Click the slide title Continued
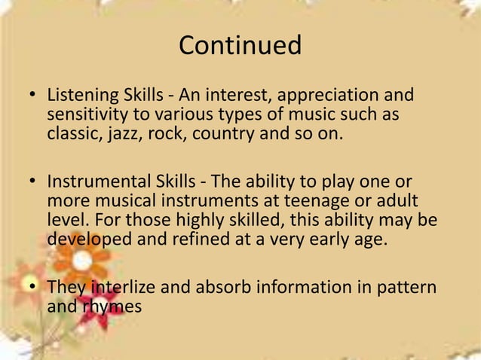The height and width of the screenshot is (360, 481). (x=240, y=45)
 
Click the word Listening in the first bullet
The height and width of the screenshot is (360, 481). (x=78, y=97)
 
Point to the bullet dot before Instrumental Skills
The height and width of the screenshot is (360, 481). (x=33, y=184)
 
